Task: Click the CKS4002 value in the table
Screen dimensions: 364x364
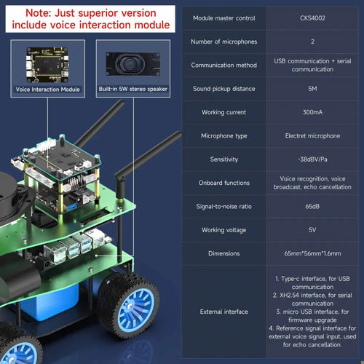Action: click(x=312, y=18)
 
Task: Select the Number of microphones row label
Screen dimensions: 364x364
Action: click(x=223, y=41)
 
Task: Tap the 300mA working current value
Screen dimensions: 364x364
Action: click(x=312, y=112)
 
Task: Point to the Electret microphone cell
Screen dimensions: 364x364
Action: click(x=312, y=135)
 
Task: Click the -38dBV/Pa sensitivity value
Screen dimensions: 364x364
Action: click(x=312, y=159)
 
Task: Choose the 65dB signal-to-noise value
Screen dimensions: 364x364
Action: click(x=312, y=206)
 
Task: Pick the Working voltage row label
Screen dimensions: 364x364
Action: click(x=223, y=230)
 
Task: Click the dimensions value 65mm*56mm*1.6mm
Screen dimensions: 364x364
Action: click(x=312, y=253)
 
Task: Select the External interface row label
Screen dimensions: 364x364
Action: click(x=223, y=312)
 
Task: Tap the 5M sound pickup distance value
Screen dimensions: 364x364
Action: click(x=312, y=89)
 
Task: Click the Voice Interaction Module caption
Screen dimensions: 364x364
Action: click(x=47, y=90)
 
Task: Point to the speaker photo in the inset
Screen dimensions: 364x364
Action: click(x=133, y=64)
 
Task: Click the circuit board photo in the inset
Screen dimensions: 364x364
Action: click(x=47, y=65)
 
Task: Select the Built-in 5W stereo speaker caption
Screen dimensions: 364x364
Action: click(x=133, y=89)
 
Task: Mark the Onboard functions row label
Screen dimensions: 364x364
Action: click(x=223, y=183)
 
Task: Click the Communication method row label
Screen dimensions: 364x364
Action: click(x=223, y=65)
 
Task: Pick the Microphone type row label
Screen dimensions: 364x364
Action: click(x=223, y=135)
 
